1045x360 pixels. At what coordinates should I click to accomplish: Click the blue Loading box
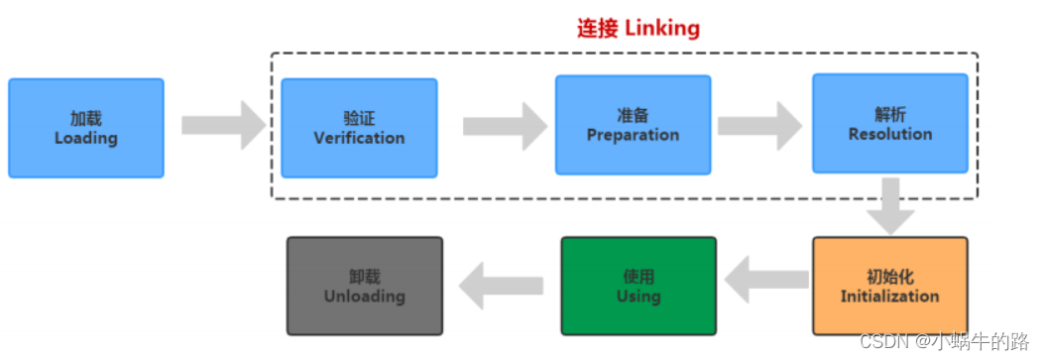(85, 128)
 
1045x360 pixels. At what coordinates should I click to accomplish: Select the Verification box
(359, 128)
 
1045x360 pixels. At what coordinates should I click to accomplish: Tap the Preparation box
(633, 125)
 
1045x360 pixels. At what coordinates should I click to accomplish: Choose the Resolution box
(889, 123)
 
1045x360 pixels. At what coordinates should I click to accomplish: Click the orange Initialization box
(889, 286)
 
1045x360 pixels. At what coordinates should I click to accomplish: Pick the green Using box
(638, 286)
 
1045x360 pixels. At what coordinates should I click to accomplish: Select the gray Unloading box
(364, 286)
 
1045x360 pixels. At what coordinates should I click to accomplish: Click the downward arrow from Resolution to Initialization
(889, 204)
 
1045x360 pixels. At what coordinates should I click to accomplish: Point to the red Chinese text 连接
(599, 29)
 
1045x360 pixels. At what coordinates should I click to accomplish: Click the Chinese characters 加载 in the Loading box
(85, 118)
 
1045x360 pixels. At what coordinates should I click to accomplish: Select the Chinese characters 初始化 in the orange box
(889, 277)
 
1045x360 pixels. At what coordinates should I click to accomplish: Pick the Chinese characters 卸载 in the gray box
(364, 277)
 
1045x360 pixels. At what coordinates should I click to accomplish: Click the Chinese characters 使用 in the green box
(638, 277)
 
